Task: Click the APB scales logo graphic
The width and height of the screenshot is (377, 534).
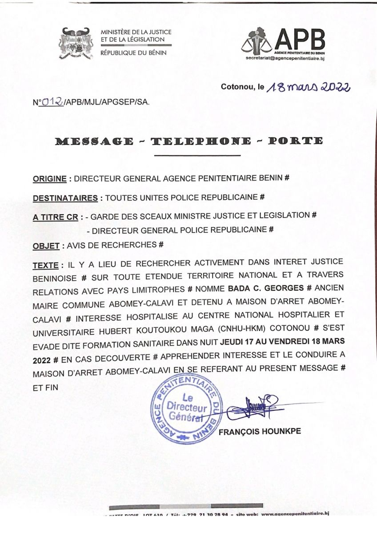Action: pyautogui.click(x=257, y=40)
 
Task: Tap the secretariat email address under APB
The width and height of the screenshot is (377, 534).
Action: pyautogui.click(x=285, y=58)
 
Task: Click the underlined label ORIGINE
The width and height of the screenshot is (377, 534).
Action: pyautogui.click(x=50, y=179)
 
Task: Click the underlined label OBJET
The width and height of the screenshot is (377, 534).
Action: pyautogui.click(x=46, y=245)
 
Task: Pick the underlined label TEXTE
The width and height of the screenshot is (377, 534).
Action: pyautogui.click(x=45, y=265)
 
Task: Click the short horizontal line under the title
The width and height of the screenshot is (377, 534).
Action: pyautogui.click(x=197, y=156)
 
